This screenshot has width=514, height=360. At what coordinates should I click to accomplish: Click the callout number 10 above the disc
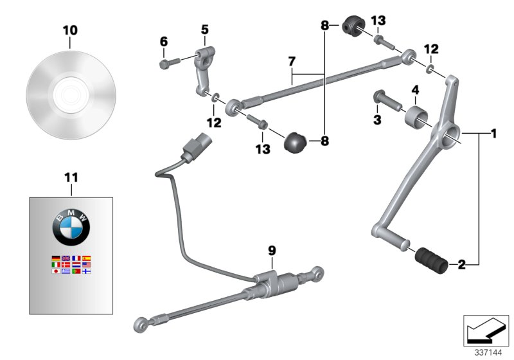70,30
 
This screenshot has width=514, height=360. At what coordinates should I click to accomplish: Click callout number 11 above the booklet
70,176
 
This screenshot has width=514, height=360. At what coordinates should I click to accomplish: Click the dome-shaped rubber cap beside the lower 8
296,140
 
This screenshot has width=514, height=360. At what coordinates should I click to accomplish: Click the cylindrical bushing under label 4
415,118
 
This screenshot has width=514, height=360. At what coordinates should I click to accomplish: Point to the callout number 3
377,120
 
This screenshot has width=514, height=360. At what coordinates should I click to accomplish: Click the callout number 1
493,135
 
